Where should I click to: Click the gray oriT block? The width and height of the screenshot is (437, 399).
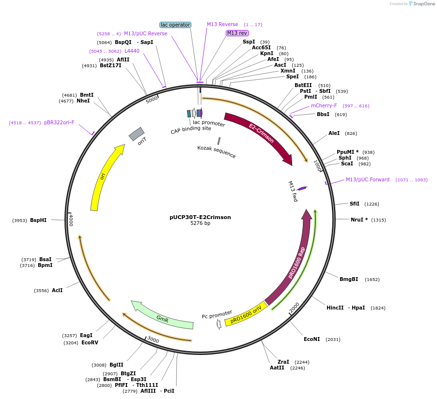click(x=137, y=133)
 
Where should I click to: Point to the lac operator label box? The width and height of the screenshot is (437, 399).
click(x=175, y=25)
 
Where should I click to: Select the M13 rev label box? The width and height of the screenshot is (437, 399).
click(x=237, y=33)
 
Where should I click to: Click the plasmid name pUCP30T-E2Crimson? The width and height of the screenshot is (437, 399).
click(x=200, y=217)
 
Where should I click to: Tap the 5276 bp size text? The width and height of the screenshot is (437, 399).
click(x=200, y=223)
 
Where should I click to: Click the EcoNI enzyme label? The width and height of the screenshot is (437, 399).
click(x=312, y=339)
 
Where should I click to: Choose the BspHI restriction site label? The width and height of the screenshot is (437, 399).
click(x=38, y=220)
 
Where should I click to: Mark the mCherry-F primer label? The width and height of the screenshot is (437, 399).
click(x=324, y=105)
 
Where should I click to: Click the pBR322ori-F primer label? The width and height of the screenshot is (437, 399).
click(x=59, y=123)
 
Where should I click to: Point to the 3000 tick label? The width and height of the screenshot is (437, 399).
click(x=153, y=340)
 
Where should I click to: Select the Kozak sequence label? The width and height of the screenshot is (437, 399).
click(x=217, y=152)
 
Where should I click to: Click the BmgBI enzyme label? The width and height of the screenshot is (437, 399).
click(x=349, y=279)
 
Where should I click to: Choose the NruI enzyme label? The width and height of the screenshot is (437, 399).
click(x=359, y=220)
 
